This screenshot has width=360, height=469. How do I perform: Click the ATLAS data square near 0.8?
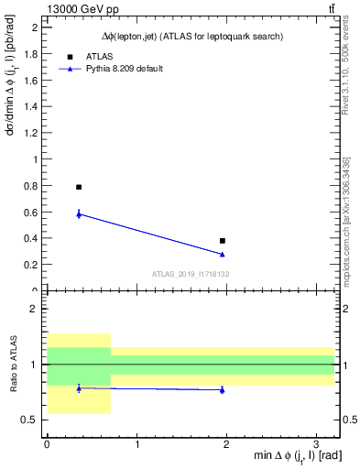click(x=79, y=187)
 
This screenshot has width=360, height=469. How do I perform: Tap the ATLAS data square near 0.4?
click(x=223, y=241)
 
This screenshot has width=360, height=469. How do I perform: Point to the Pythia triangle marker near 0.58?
click(x=79, y=214)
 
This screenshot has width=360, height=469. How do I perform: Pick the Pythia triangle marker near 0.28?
click(x=223, y=254)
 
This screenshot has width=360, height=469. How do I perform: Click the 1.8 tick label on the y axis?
click(x=32, y=53)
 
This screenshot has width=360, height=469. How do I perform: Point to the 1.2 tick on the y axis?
click(x=32, y=133)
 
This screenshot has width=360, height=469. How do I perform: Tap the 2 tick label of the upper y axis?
click(x=36, y=27)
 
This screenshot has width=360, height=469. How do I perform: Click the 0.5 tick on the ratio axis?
click(x=31, y=420)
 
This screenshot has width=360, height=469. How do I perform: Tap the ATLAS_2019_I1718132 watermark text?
click(x=191, y=274)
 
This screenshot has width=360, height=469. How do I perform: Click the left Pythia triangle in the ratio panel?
click(x=79, y=388)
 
